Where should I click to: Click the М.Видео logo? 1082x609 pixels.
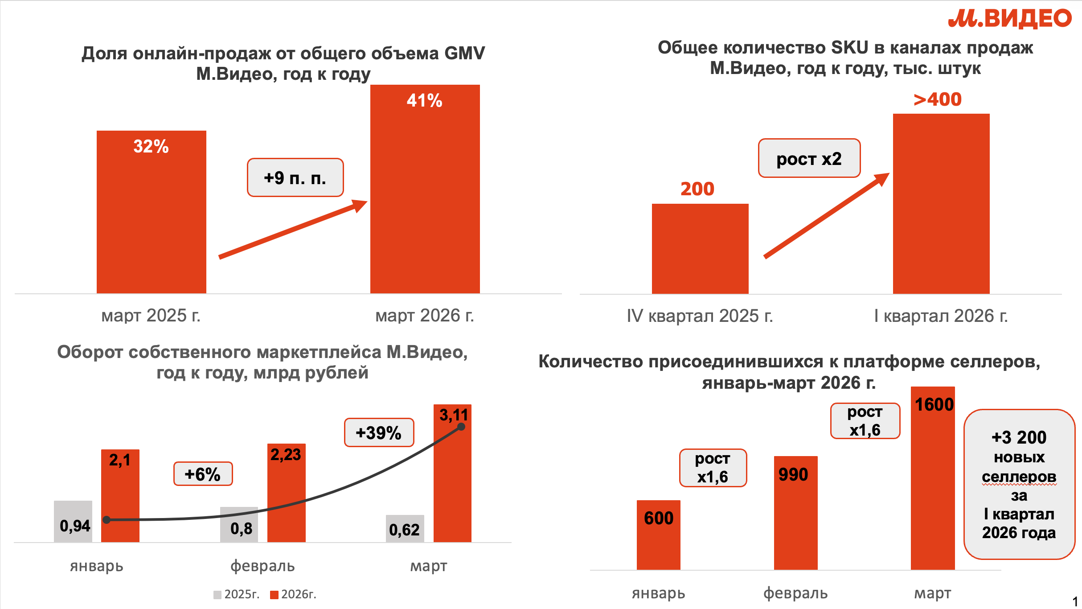click(1009, 19)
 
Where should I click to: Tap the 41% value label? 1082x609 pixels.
click(424, 101)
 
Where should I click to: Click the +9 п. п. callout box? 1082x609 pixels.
click(295, 177)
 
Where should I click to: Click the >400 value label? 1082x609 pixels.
click(938, 99)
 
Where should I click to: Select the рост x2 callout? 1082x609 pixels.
click(809, 158)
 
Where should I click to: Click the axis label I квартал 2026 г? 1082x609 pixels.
click(940, 316)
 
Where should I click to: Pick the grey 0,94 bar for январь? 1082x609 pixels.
click(73, 522)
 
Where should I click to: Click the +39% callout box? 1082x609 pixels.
click(379, 432)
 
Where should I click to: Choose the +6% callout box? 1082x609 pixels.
click(203, 474)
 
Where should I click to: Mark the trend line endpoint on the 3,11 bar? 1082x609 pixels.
click(461, 427)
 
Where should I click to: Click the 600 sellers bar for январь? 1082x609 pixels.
click(658, 535)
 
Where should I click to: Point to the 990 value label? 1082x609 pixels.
click(793, 474)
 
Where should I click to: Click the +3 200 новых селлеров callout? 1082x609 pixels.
click(1019, 484)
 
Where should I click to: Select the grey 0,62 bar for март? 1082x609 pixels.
click(405, 529)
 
